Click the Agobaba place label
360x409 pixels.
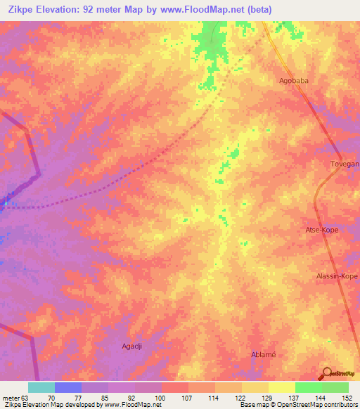click(x=294, y=81)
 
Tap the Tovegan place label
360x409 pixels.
click(x=345, y=164)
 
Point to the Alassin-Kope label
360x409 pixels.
click(x=337, y=276)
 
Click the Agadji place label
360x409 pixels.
click(x=133, y=346)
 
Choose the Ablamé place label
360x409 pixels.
click(x=264, y=354)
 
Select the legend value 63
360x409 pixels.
click(x=26, y=398)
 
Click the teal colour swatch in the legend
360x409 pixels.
click(x=41, y=387)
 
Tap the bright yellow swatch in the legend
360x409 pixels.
click(x=281, y=387)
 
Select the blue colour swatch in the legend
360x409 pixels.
click(x=68, y=387)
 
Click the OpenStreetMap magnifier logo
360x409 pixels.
click(x=328, y=373)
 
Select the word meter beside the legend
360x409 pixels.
click(x=10, y=398)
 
